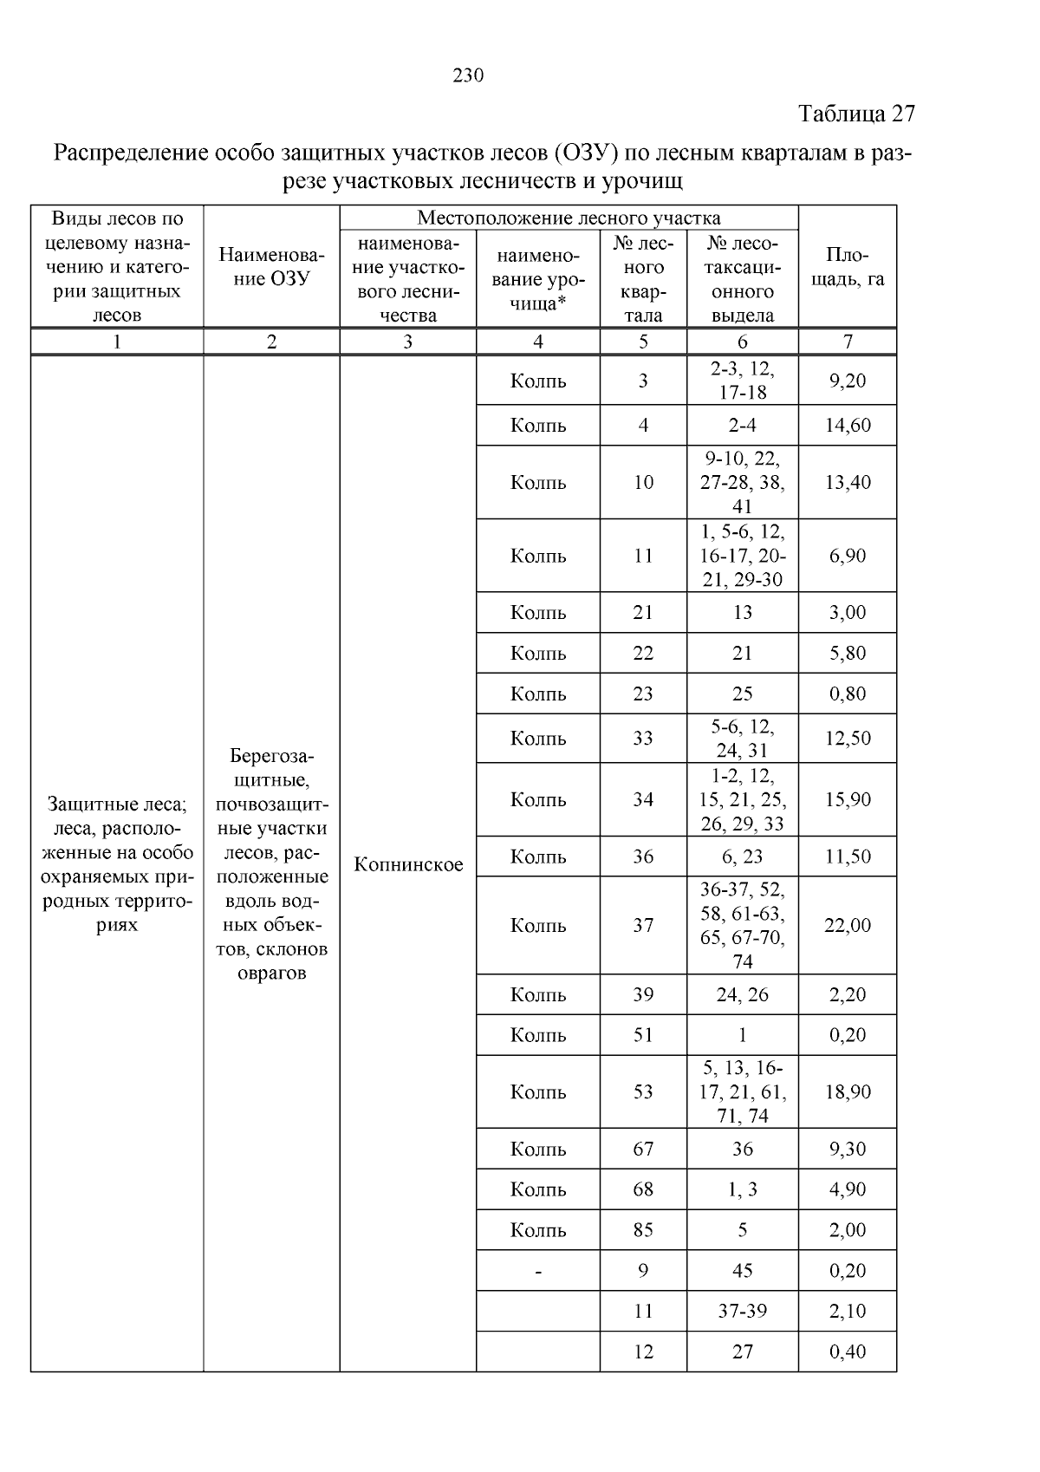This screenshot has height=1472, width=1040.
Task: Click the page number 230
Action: [x=468, y=75]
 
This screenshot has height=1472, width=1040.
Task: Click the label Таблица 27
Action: [x=855, y=114]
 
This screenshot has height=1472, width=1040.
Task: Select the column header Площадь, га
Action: [x=847, y=266]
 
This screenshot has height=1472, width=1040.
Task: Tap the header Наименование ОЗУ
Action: [x=271, y=266]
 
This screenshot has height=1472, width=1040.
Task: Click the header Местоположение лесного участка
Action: [x=569, y=217]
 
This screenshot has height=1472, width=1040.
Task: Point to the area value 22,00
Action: [x=847, y=925]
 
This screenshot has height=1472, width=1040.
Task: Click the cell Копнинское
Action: [x=408, y=864]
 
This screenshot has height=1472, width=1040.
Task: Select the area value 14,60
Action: [x=847, y=425]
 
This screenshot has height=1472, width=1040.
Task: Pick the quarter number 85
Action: [x=642, y=1229]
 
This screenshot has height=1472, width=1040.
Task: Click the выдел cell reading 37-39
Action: [x=742, y=1311]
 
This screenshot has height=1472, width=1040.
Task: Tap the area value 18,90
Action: [x=847, y=1091]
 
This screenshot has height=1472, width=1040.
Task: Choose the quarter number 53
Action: [x=642, y=1091]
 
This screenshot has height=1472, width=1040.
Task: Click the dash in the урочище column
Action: [x=538, y=1271]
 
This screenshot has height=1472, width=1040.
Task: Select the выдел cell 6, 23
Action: [x=742, y=856]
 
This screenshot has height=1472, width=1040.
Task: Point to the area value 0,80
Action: [x=847, y=694]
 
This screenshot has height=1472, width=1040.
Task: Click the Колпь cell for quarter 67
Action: [x=538, y=1149]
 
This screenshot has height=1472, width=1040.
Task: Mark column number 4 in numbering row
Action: [x=538, y=342]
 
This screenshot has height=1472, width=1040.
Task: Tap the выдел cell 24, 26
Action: [x=742, y=994]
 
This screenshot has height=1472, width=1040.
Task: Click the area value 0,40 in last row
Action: [x=847, y=1352]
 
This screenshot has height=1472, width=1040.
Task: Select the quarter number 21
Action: [x=642, y=612]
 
